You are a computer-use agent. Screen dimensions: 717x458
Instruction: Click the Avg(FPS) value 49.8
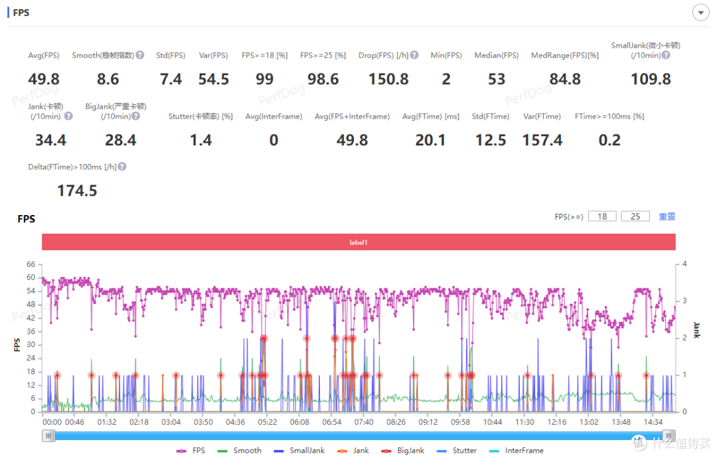pos(44,79)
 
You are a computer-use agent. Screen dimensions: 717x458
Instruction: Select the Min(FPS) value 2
pos(446,79)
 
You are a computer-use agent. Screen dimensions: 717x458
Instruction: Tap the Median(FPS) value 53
pos(497,79)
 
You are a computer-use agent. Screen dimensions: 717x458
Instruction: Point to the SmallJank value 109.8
pos(651,79)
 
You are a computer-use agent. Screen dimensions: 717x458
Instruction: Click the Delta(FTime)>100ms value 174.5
pos(77,191)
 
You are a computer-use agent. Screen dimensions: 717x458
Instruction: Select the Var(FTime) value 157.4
pos(542,140)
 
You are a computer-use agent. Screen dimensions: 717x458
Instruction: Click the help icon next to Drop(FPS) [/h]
pos(414,55)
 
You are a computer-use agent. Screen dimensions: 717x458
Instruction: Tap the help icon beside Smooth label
pos(140,55)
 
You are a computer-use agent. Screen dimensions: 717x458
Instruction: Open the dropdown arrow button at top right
pos(700,13)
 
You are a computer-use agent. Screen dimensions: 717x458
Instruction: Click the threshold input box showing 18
pos(602,216)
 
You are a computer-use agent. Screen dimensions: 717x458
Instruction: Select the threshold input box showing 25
pos(635,216)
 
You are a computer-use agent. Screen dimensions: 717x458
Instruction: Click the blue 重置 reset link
pos(667,216)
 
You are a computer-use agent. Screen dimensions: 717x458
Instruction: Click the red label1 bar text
pos(358,242)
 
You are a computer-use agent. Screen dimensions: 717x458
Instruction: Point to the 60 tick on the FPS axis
pos(31,277)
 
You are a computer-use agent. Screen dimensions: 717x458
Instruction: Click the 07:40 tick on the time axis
pos(364,422)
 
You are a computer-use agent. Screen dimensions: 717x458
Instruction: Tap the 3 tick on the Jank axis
pos(684,301)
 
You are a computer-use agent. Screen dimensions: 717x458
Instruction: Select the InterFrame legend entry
pos(517,451)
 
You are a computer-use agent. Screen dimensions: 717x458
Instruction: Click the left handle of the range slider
pos(48,435)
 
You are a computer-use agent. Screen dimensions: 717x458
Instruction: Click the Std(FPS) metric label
pos(171,55)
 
